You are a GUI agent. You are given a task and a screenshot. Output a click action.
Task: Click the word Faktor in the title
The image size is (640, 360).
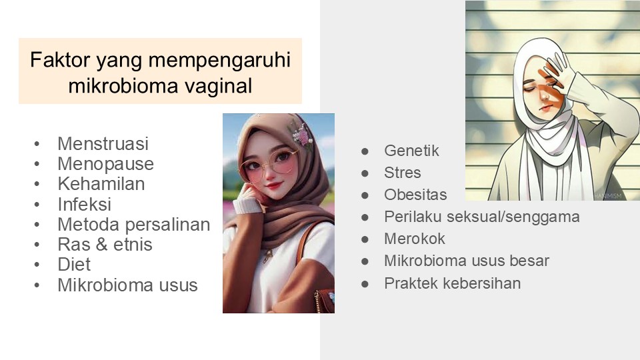(60, 59)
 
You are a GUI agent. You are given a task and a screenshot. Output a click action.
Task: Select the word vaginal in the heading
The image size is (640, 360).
(218, 86)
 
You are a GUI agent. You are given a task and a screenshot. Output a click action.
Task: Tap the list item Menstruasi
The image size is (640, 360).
(103, 144)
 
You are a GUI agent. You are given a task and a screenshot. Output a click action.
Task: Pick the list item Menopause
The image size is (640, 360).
(106, 164)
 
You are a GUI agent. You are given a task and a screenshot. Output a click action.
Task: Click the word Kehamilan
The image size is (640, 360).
(101, 184)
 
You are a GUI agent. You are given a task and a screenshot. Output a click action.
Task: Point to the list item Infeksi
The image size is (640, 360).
(85, 204)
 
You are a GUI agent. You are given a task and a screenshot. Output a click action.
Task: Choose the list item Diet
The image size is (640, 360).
(74, 265)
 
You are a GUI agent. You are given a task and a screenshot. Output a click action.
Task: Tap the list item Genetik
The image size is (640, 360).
(411, 151)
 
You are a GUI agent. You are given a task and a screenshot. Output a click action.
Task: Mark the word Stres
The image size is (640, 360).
(403, 173)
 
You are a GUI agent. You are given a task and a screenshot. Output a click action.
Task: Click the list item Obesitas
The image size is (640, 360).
(415, 195)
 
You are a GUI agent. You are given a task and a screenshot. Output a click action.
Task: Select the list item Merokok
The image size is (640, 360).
(414, 239)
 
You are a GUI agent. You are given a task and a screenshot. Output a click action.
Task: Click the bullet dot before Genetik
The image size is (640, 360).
(365, 151)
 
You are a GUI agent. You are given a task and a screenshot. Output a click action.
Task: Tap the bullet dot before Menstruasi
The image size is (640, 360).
(37, 144)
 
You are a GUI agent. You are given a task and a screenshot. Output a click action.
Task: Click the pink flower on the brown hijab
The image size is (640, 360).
(301, 135)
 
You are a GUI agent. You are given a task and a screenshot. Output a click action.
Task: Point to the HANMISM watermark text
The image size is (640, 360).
(608, 196)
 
